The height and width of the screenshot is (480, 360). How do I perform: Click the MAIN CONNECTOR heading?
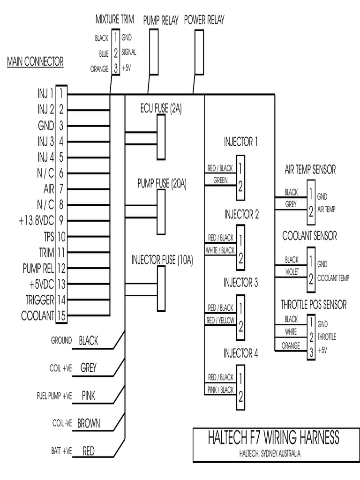tap(35, 62)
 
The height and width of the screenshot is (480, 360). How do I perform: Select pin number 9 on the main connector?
tap(61, 220)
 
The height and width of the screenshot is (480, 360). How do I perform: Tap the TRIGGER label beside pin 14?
tap(40, 300)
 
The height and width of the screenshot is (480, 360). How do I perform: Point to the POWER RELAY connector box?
tap(199, 51)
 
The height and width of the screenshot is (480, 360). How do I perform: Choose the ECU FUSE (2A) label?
tap(161, 109)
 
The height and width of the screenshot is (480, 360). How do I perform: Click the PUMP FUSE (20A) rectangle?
tap(161, 212)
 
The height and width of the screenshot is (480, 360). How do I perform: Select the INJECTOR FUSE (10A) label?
tap(162, 260)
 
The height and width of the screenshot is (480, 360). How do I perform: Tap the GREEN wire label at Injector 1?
tap(220, 180)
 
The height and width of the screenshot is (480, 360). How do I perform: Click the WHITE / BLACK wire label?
tap(220, 250)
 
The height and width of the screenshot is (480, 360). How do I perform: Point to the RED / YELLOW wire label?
tap(220, 320)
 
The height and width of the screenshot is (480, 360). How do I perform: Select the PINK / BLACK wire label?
tap(220, 390)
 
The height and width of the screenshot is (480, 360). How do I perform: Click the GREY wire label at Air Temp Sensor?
tap(291, 204)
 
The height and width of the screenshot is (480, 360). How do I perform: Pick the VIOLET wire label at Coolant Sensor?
tap(291, 272)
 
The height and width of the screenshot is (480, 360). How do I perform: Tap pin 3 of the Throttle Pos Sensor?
tap(310, 351)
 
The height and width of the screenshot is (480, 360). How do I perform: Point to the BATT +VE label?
tap(62, 452)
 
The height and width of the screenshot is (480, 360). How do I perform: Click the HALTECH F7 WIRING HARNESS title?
tap(273, 438)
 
